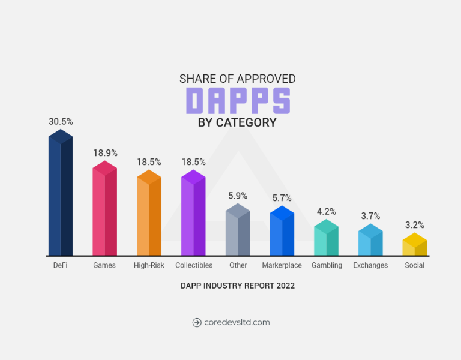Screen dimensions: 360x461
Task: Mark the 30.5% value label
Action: (61, 121)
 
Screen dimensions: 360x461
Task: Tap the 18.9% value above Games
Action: (105, 153)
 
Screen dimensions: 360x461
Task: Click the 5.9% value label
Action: (238, 196)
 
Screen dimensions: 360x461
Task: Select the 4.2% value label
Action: (327, 211)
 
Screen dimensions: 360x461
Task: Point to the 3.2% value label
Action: (415, 225)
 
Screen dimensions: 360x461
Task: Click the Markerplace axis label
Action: (282, 265)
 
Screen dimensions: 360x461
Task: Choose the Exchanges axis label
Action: (370, 265)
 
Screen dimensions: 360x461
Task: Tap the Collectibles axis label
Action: (194, 265)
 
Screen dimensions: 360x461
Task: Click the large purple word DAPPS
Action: (238, 100)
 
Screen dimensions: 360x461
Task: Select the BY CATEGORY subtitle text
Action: (237, 122)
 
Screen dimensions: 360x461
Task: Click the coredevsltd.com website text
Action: (237, 322)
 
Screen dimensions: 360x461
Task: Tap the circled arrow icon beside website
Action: (197, 322)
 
